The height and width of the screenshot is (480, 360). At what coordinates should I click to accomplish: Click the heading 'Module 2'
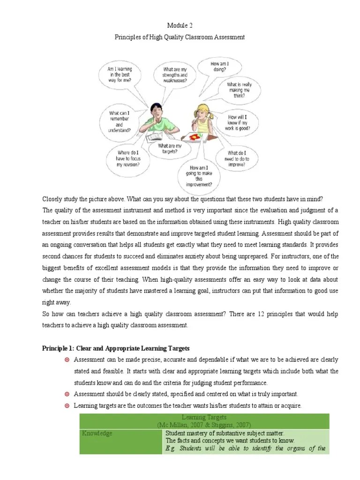(x=180, y=25)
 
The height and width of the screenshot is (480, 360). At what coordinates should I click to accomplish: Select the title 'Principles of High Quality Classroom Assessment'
(x=180, y=37)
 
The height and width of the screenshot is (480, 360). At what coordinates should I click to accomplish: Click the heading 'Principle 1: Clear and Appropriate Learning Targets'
(x=116, y=348)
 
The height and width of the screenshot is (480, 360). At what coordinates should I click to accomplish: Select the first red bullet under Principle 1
(x=67, y=360)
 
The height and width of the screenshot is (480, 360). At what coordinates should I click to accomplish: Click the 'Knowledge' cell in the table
(x=97, y=434)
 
